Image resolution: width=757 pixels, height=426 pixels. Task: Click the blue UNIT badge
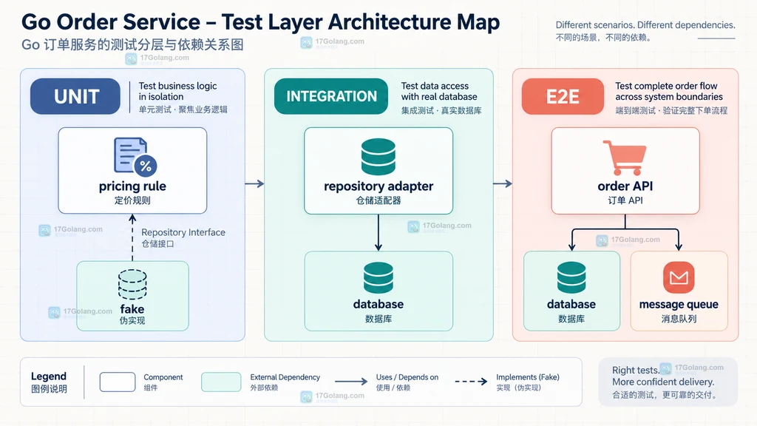pyautogui.click(x=75, y=97)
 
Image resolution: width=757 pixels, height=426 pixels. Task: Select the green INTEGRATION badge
pyautogui.click(x=331, y=97)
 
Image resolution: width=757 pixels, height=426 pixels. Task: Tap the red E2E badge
pyautogui.click(x=563, y=97)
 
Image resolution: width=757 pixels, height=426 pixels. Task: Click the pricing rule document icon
pyautogui.click(x=135, y=156)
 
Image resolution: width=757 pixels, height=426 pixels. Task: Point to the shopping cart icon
pyautogui.click(x=625, y=158)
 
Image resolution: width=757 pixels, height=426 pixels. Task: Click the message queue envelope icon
pyautogui.click(x=679, y=277)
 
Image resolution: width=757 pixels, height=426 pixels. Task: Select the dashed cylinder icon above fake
pyautogui.click(x=132, y=285)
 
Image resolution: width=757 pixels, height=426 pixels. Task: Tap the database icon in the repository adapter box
pyautogui.click(x=378, y=157)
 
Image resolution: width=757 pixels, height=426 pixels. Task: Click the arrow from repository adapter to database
pyautogui.click(x=378, y=232)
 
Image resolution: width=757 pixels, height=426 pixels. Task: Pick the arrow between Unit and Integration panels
pyautogui.click(x=254, y=183)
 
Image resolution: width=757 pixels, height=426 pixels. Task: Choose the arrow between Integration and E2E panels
pyautogui.click(x=503, y=183)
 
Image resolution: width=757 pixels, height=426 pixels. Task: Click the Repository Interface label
pyautogui.click(x=183, y=232)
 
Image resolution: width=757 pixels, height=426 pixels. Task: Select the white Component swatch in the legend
pyautogui.click(x=118, y=382)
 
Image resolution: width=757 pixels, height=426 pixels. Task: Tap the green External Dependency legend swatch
pyautogui.click(x=221, y=382)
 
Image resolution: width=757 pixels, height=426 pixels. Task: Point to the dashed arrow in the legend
pyautogui.click(x=471, y=382)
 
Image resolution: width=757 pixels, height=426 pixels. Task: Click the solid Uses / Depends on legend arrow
pyautogui.click(x=351, y=382)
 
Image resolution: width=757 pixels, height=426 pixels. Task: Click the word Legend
pyautogui.click(x=49, y=376)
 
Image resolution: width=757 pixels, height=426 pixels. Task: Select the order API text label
pyautogui.click(x=625, y=186)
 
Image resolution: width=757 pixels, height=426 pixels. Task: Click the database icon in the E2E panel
pyautogui.click(x=571, y=278)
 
